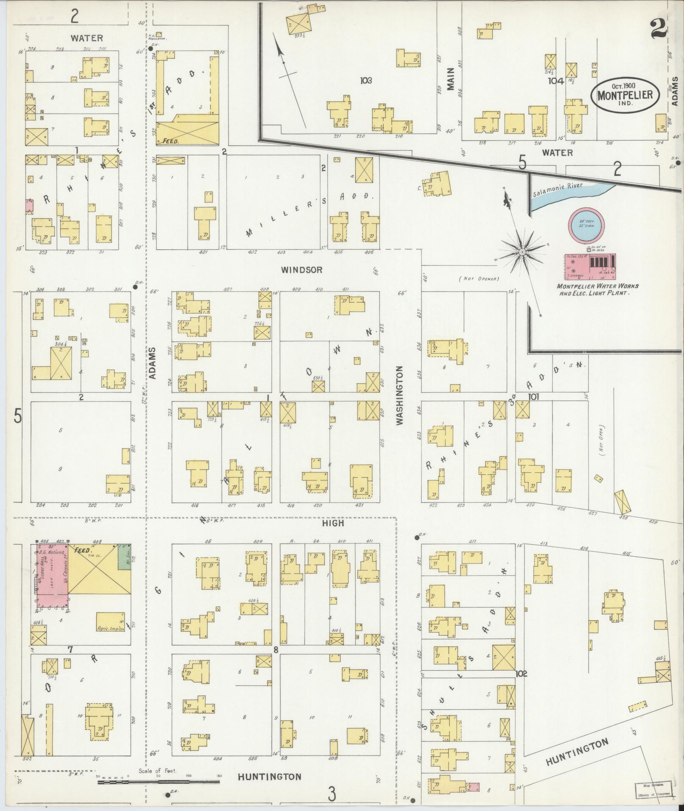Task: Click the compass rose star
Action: pyautogui.click(x=522, y=253)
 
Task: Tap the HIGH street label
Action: pyautogui.click(x=332, y=523)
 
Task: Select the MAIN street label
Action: pyautogui.click(x=450, y=79)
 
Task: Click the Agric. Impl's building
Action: pyautogui.click(x=110, y=622)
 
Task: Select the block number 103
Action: pyautogui.click(x=365, y=80)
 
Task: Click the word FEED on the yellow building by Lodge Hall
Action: pyautogui.click(x=81, y=550)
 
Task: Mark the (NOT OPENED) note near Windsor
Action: pyautogui.click(x=478, y=279)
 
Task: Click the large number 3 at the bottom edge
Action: pyautogui.click(x=332, y=794)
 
